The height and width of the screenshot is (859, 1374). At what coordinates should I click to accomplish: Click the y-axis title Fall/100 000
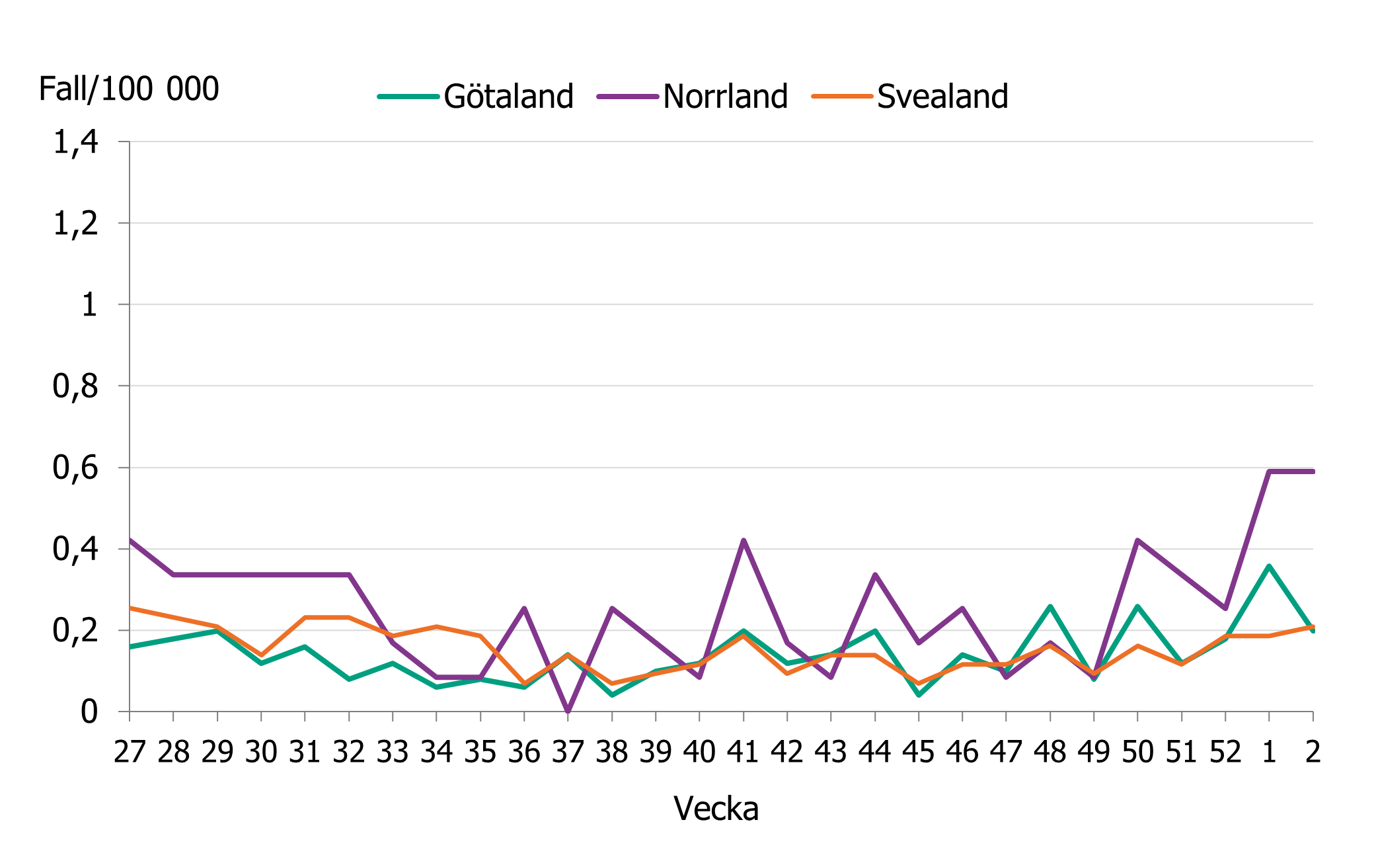129,89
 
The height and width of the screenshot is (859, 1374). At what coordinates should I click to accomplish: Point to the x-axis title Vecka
716,808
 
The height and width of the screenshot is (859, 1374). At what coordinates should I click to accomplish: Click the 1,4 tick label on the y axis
75,142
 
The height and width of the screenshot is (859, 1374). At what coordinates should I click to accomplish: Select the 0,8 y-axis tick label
75,386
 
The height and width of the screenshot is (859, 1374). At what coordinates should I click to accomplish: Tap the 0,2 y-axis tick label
75,631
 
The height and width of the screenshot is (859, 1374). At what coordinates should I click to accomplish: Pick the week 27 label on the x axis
130,752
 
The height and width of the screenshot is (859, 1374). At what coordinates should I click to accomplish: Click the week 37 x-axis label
568,752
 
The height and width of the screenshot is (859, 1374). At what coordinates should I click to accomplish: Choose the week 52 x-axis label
1225,752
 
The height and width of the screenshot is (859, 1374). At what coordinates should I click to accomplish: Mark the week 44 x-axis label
875,752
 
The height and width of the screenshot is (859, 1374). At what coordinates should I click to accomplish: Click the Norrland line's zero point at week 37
568,712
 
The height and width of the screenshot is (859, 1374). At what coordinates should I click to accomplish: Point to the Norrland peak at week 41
744,540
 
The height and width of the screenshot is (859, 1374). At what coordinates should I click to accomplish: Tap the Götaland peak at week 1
1269,566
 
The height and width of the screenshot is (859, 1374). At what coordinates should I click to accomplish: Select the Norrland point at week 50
1137,540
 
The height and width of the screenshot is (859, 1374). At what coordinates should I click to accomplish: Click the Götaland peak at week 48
1050,606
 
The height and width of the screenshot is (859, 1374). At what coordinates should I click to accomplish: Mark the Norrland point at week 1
1269,471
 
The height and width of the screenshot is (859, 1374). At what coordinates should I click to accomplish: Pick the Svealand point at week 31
305,618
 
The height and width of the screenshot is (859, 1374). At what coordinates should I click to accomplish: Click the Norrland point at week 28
173,575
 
